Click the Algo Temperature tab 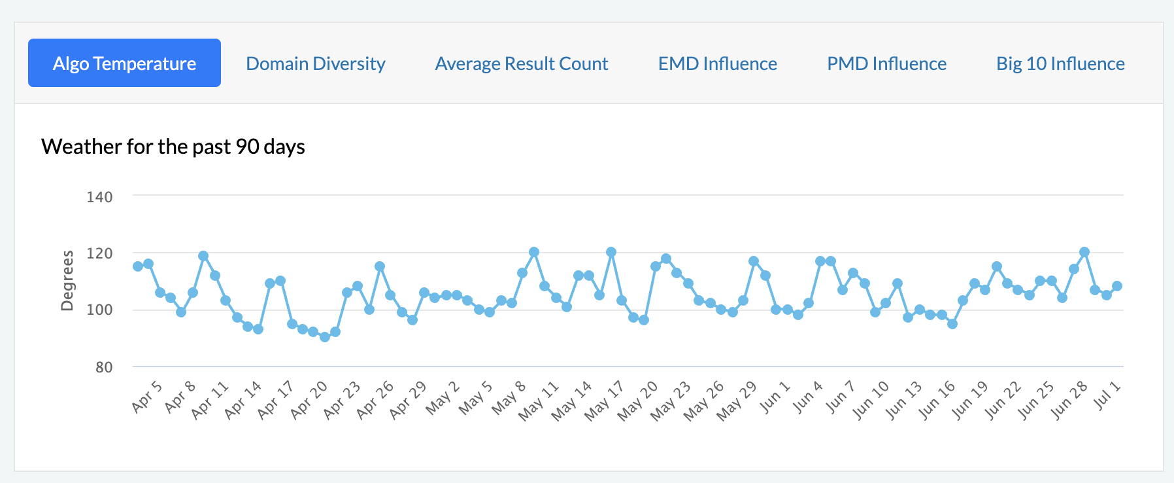coord(124,63)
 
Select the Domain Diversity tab coord(316,63)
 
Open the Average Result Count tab coord(522,63)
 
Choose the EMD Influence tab coord(718,63)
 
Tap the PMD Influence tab coord(887,63)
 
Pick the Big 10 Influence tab coord(1060,63)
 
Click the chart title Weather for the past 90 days coord(173,147)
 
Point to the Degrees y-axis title coord(67,281)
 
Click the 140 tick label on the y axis coord(99,197)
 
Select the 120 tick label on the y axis coord(99,253)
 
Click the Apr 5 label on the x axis coord(147,396)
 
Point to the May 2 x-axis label coord(443,397)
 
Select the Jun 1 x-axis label coord(776,396)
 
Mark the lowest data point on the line coord(325,337)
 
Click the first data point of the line coord(138,266)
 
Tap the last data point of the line coord(1117,286)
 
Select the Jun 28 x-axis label coord(1069,399)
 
